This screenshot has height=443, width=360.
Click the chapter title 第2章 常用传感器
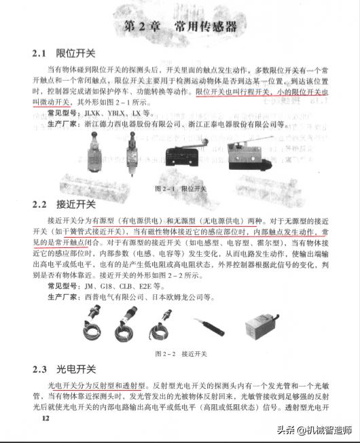tap(180, 26)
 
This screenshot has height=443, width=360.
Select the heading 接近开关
tap(76, 204)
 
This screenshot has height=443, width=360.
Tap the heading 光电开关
tap(76, 369)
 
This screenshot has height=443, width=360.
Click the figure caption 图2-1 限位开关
tap(180, 187)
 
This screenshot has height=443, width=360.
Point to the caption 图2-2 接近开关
tap(180, 354)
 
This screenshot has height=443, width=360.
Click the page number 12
tap(46, 419)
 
